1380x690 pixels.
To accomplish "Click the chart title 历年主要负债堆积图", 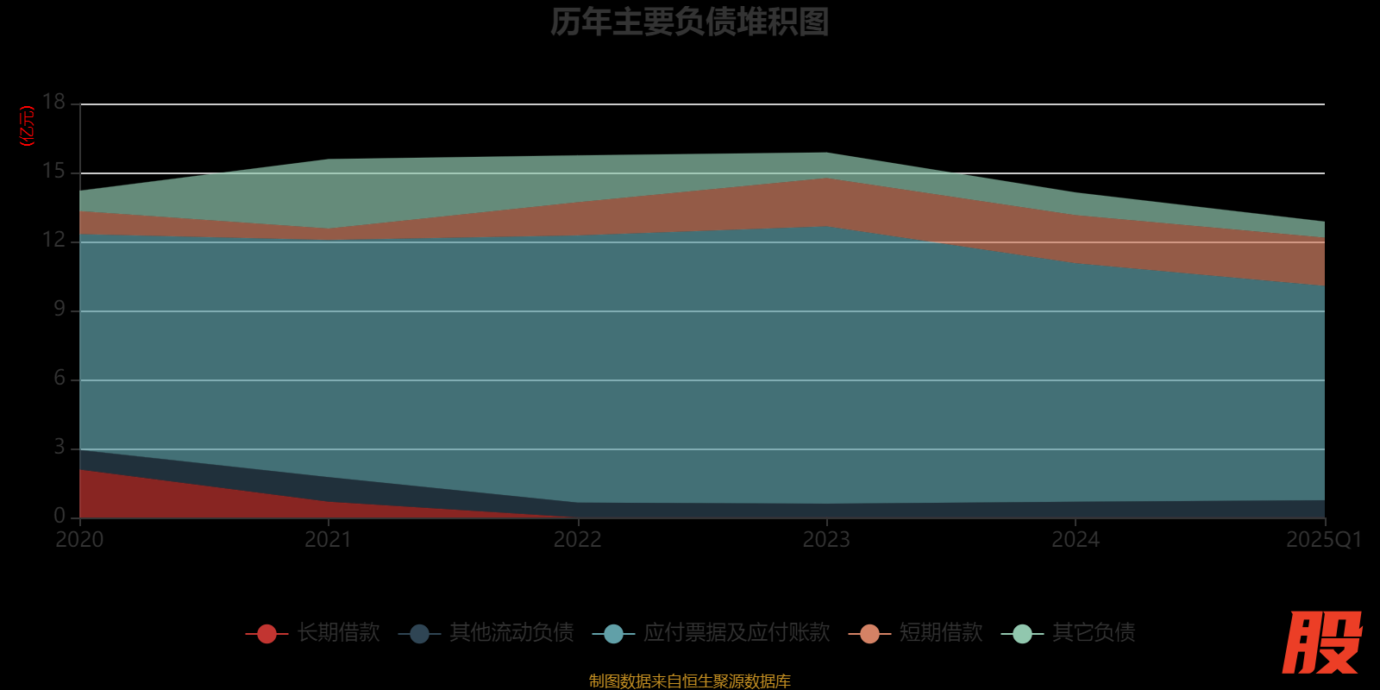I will (x=689, y=22).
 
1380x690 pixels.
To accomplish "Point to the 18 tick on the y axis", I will (x=53, y=102).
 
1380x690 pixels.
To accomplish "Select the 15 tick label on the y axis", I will (x=53, y=171).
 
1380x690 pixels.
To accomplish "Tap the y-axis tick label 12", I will (x=53, y=240).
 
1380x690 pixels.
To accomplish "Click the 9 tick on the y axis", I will (x=59, y=309).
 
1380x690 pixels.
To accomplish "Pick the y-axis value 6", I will (x=59, y=378).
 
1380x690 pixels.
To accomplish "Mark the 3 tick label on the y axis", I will (x=59, y=447).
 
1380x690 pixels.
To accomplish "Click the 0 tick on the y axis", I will (x=59, y=516).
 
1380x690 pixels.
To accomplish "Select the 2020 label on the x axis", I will (x=79, y=540).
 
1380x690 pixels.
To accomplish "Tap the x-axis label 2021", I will (x=329, y=540).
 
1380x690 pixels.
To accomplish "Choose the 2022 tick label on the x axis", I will (x=577, y=540).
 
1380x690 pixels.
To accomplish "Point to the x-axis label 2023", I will (x=826, y=540).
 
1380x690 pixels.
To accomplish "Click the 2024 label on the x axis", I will (x=1076, y=540).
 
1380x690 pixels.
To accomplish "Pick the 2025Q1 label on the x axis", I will (x=1324, y=540).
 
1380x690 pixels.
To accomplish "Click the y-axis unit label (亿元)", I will (x=28, y=126).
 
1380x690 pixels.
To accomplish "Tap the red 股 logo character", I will (x=1321, y=643).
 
